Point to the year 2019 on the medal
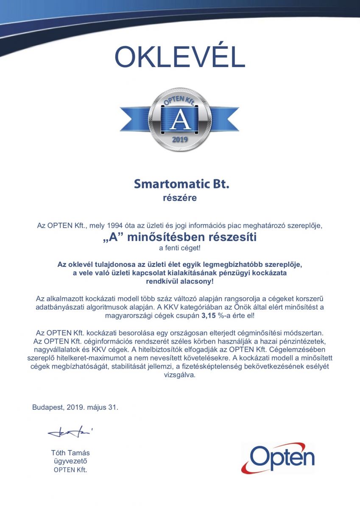pos(180,139)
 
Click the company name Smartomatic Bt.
pos(181,184)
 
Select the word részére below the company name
pos(180,198)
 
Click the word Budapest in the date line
pos(48,407)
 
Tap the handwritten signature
pos(70,433)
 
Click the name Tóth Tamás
pos(70,453)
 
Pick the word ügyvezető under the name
pos(70,461)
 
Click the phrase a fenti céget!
pos(179,248)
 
